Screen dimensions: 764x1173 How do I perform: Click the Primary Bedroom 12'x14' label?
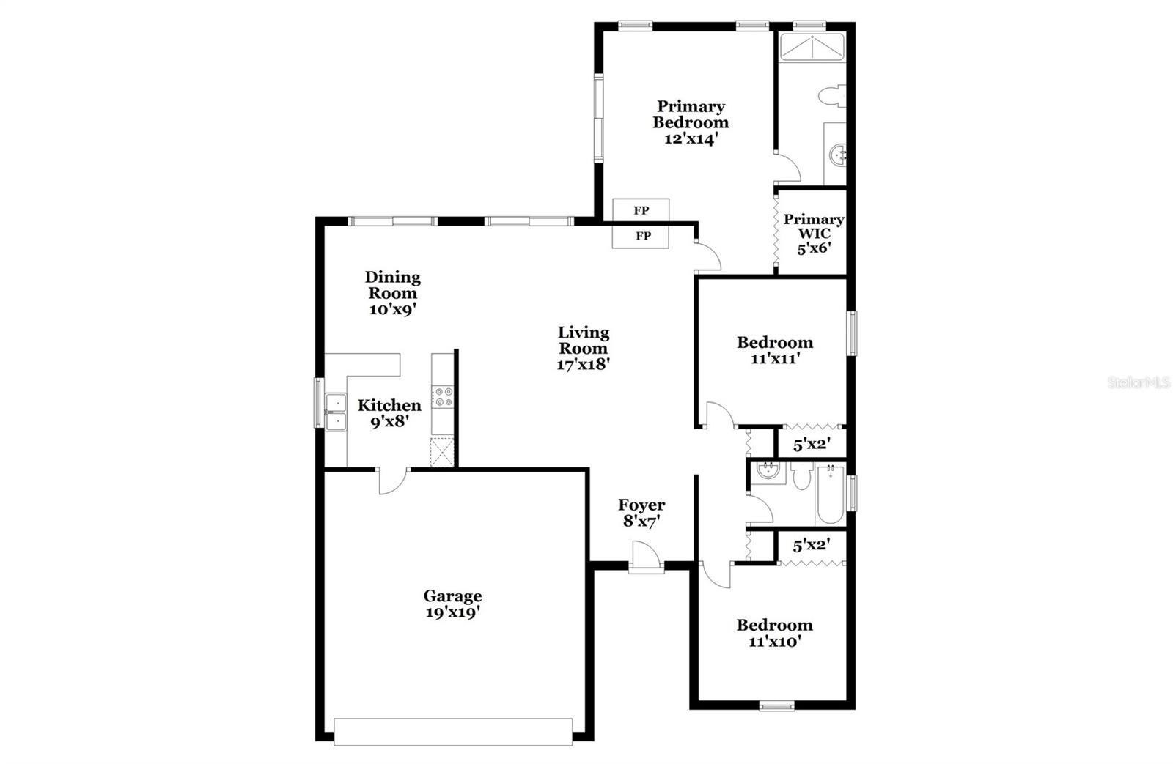pos(690,122)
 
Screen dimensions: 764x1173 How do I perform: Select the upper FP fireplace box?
pos(641,210)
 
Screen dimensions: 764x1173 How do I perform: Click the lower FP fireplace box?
pos(642,236)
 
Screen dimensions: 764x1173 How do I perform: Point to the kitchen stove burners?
pos(444,396)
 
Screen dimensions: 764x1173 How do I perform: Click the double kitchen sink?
pos(336,412)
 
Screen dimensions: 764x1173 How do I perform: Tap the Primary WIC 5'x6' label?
pos(813,234)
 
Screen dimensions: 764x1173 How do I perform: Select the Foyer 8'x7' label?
pos(641,513)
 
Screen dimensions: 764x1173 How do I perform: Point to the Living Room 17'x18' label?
pos(583,349)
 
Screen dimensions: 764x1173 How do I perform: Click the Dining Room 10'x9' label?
pos(393,293)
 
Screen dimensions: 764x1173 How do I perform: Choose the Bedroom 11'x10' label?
pos(774,633)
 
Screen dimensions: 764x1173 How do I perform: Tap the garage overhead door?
pos(453,731)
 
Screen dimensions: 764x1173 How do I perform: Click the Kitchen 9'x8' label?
pos(389,413)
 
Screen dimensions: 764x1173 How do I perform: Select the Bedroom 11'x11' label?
pos(774,350)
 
